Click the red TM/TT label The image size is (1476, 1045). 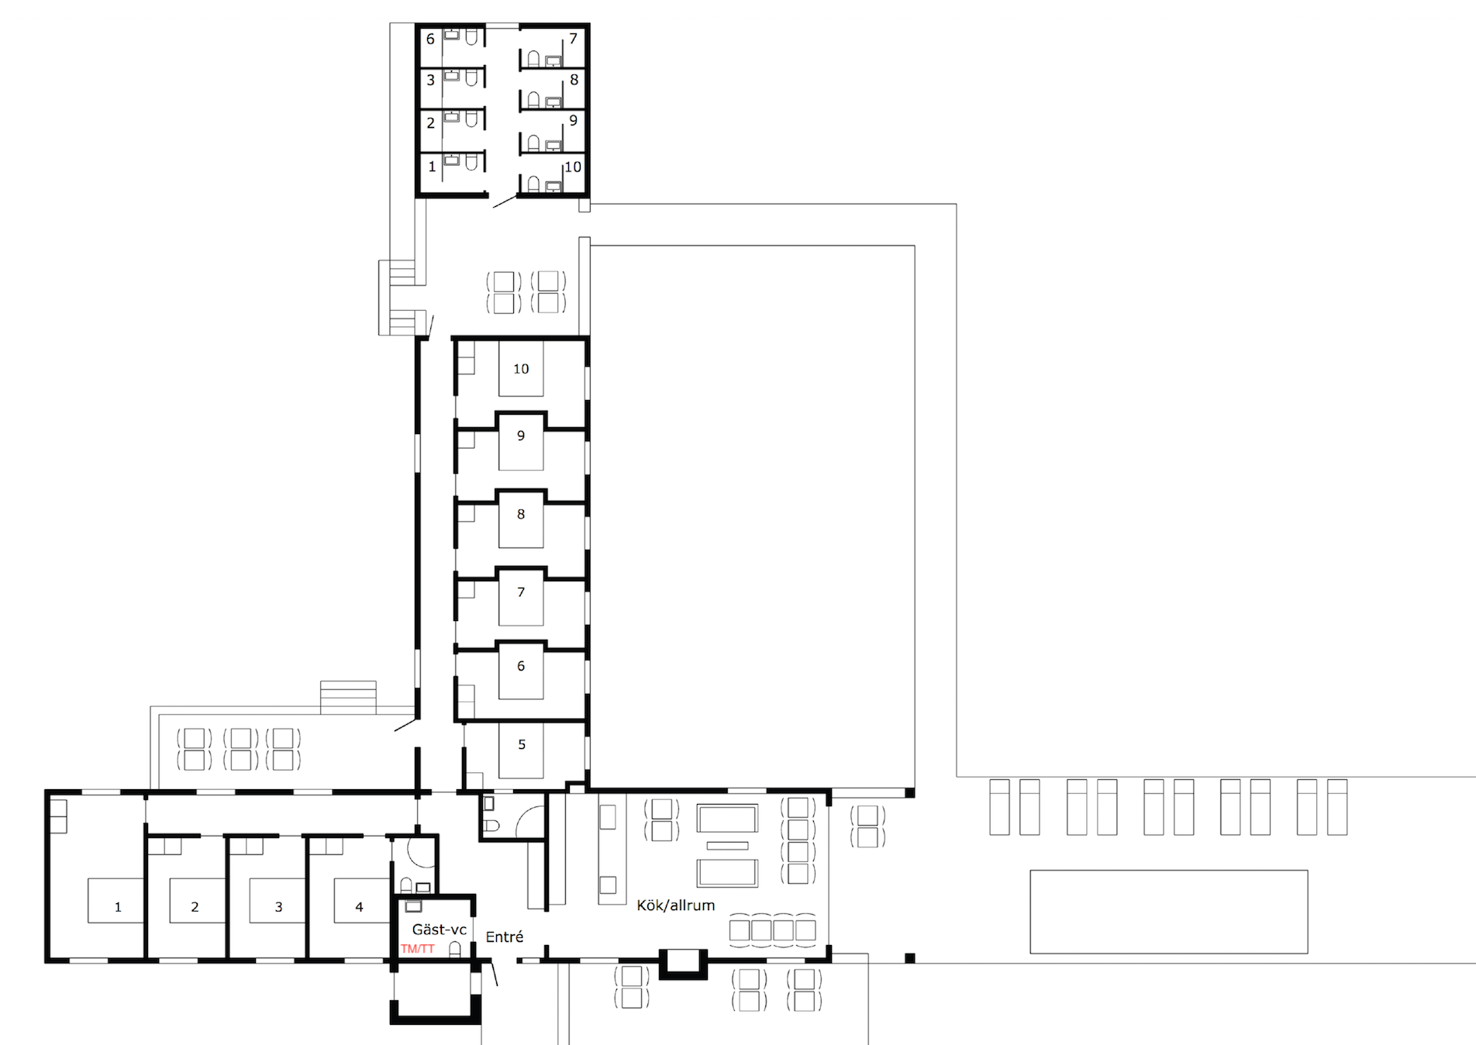click(x=417, y=949)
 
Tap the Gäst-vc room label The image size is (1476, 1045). click(x=439, y=929)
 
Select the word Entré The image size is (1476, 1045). click(x=505, y=936)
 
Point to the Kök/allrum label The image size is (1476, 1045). click(x=676, y=905)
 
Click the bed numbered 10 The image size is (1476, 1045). click(x=521, y=369)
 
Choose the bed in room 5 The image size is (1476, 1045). click(x=521, y=750)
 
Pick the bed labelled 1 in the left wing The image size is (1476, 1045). click(x=116, y=900)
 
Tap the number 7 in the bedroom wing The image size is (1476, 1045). click(x=521, y=592)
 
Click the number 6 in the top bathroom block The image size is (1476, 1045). click(x=430, y=39)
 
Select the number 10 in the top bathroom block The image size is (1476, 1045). click(x=573, y=167)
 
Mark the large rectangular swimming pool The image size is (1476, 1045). click(x=1169, y=912)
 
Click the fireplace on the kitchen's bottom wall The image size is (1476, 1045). click(x=683, y=964)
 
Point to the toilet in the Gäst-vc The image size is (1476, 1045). click(x=455, y=950)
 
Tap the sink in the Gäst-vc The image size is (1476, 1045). click(x=413, y=905)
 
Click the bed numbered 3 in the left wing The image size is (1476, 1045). click(x=278, y=900)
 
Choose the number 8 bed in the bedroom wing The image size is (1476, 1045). click(x=521, y=519)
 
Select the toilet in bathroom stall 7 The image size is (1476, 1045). click(x=533, y=58)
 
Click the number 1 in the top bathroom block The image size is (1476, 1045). click(x=432, y=167)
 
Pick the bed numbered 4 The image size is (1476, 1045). click(x=361, y=900)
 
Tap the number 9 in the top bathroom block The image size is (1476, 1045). click(x=573, y=120)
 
